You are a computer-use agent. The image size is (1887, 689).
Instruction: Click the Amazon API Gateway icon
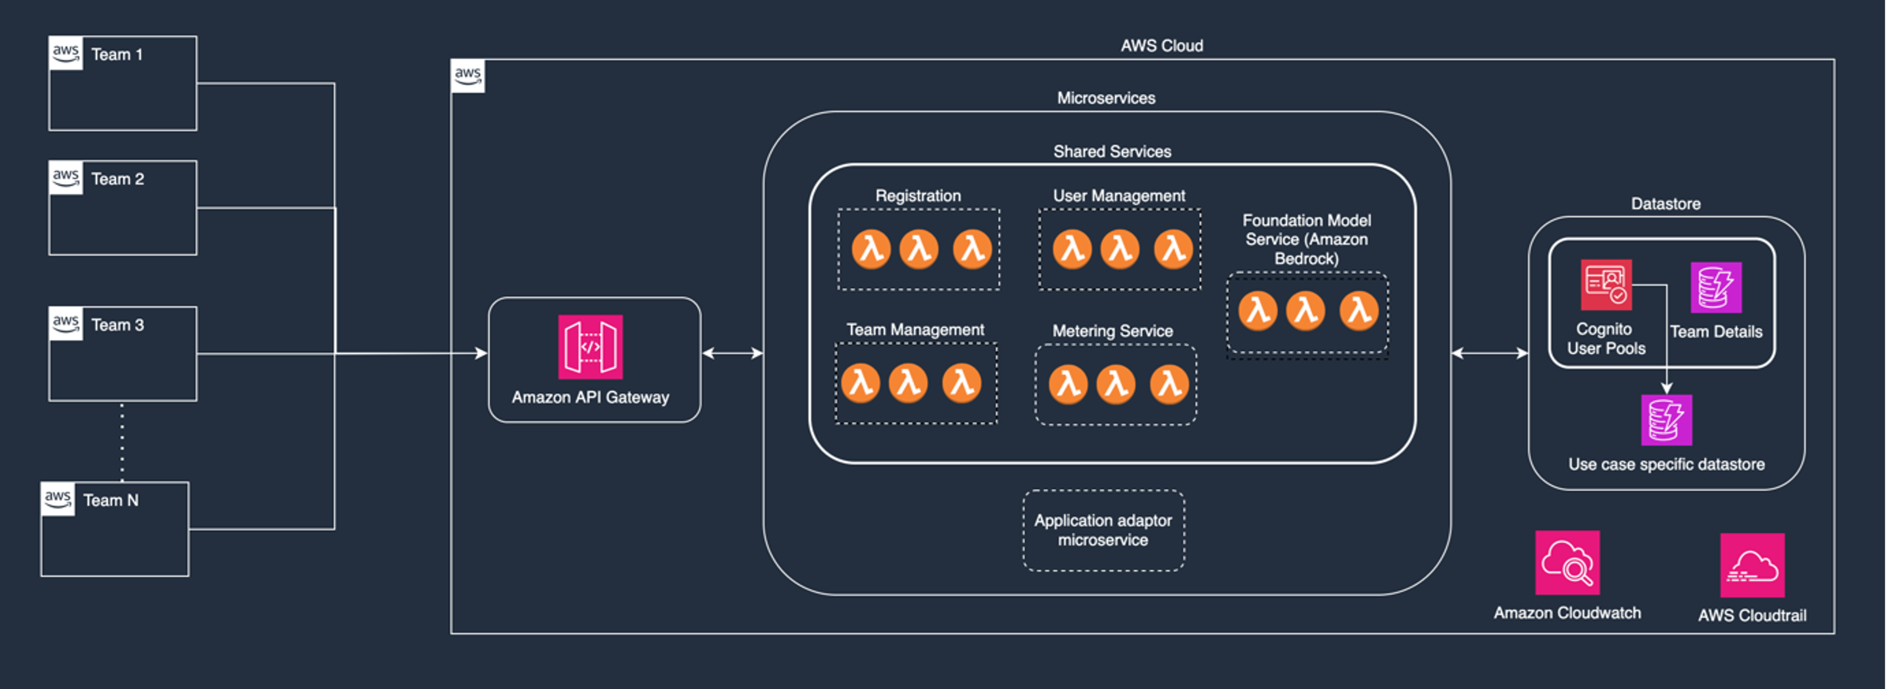pos(590,347)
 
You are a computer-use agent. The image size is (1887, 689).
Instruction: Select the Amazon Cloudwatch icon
pos(1567,562)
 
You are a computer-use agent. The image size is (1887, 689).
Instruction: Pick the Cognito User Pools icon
pos(1606,285)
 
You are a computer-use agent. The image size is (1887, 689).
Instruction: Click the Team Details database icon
pos(1716,287)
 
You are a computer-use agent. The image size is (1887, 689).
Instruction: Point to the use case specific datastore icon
pos(1666,420)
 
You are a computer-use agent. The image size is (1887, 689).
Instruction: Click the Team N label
pos(111,501)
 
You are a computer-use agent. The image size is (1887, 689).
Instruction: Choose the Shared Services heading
pos(1111,152)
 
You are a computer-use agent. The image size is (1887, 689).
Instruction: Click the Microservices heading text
pos(1106,98)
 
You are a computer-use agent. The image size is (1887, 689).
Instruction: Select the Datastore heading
pos(1665,204)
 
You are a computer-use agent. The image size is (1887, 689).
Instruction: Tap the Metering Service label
pos(1112,331)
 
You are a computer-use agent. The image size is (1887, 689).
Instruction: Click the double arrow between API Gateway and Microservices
pos(732,353)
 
